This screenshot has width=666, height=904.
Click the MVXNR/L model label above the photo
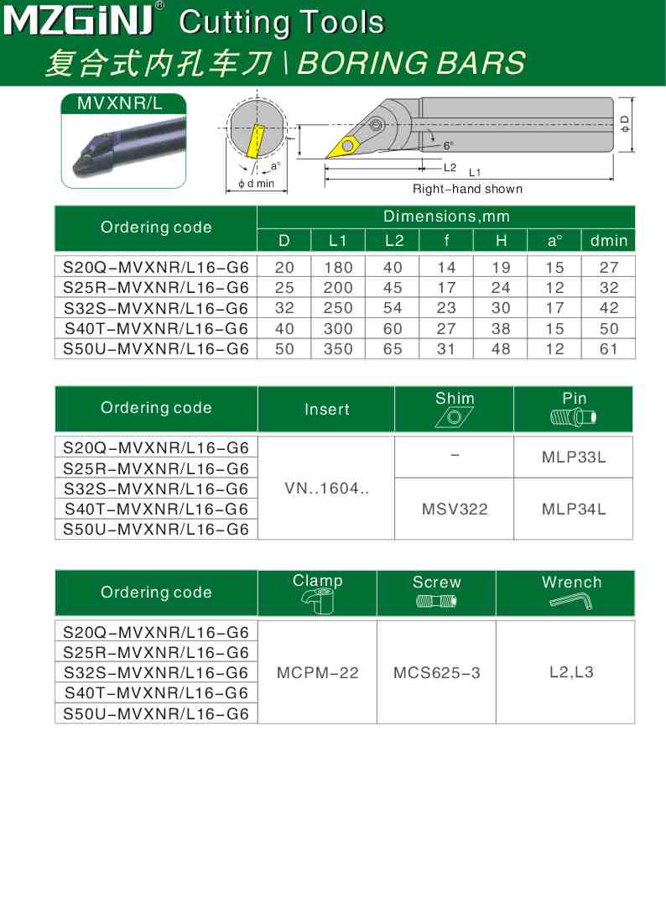tap(123, 104)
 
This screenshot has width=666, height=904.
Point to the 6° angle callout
tap(449, 145)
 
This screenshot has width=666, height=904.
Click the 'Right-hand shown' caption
tap(466, 189)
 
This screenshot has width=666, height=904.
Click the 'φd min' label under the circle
tap(257, 184)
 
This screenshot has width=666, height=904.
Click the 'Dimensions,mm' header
tap(446, 217)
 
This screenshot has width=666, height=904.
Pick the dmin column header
tap(608, 241)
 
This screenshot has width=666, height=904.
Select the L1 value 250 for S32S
tap(338, 308)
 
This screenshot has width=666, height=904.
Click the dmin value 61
tap(608, 348)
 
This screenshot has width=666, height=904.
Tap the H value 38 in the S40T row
tap(501, 328)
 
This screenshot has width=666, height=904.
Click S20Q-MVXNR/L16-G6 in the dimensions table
tap(156, 268)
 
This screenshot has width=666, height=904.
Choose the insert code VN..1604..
tap(326, 488)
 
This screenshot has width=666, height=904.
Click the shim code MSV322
tap(454, 509)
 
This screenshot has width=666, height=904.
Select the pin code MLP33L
tap(574, 457)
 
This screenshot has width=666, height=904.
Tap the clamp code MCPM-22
tap(317, 672)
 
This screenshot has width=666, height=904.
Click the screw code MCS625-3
tap(436, 672)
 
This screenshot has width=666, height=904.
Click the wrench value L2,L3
tap(571, 671)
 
